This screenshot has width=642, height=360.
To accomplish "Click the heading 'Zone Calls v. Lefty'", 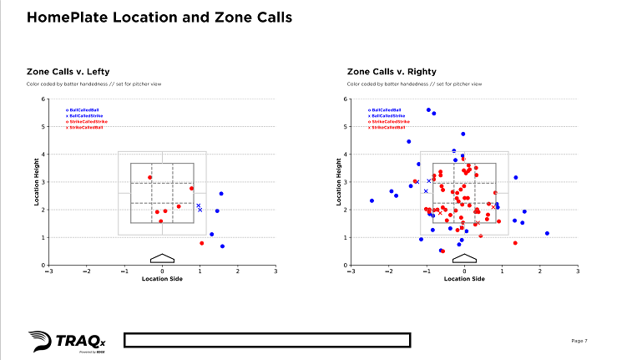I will [x=68, y=72].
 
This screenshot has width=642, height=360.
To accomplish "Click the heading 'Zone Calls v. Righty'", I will [x=392, y=72].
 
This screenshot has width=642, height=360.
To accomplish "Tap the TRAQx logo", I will [x=55, y=341].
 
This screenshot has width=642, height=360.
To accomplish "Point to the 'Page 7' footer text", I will [x=579, y=341].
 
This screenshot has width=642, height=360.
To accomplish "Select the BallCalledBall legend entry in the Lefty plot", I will [x=83, y=109].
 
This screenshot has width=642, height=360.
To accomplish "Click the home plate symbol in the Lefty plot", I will [x=162, y=258].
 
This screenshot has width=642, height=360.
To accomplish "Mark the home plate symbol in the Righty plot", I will [x=464, y=258].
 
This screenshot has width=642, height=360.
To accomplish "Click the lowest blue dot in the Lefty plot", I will [x=222, y=246].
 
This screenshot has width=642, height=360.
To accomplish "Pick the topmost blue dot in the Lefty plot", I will [x=221, y=194].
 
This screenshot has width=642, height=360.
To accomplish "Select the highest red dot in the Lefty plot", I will [x=150, y=177].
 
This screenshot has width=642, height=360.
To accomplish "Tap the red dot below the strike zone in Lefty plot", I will [x=201, y=243].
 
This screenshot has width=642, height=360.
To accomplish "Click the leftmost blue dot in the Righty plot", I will [x=372, y=200].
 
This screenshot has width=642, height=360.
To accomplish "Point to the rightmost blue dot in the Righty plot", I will [x=547, y=234].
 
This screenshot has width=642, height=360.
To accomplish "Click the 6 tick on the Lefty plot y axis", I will [x=43, y=99].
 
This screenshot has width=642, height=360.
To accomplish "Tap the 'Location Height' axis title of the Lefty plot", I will [x=36, y=182].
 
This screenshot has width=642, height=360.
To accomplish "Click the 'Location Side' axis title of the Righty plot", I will [x=464, y=279].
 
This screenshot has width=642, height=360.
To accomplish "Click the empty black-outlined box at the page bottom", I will [x=267, y=339].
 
